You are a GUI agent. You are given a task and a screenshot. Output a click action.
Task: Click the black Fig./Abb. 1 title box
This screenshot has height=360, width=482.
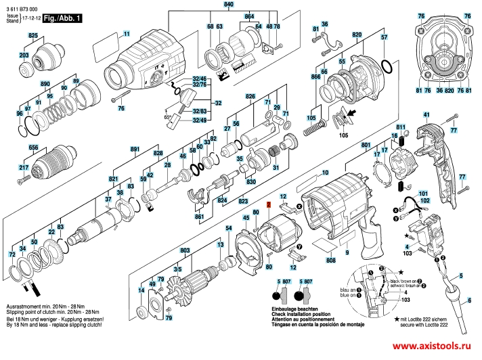coord(61,20)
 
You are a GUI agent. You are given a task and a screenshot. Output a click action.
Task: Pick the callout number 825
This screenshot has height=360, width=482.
coord(33,35)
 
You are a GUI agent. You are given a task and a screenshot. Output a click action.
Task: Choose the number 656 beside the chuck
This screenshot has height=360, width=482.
coord(33,148)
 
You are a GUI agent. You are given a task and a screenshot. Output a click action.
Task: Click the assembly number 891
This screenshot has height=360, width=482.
coord(135,148)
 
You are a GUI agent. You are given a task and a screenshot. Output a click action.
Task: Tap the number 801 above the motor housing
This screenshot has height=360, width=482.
coord(366,145)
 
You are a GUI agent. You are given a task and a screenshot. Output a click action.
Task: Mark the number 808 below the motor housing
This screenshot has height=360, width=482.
coord(330,259)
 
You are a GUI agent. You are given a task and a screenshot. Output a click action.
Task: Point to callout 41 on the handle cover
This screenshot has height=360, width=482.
coord(426,116)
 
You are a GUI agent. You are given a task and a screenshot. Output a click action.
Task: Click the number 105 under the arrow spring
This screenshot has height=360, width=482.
coord(343,135)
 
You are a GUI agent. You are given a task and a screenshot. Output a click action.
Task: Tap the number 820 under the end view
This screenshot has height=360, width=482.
coord(448,90)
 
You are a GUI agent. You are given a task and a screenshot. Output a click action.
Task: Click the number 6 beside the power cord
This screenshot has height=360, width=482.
coord(470,300)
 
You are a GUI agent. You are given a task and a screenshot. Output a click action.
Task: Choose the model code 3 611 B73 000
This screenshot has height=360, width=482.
coord(23,4)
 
